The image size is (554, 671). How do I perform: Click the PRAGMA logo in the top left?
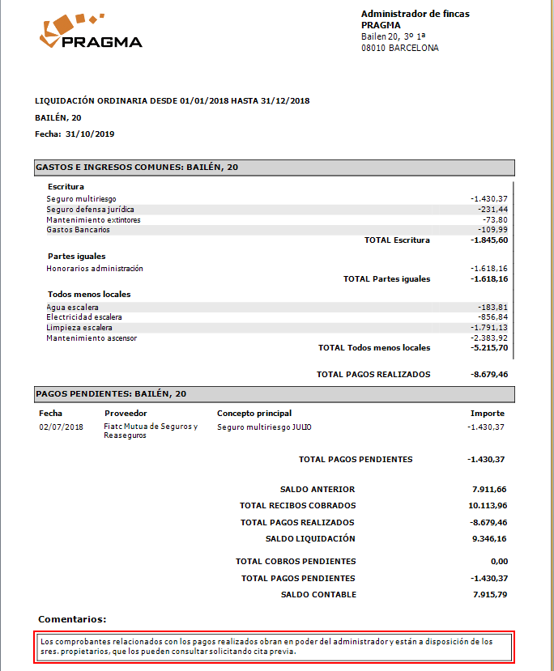click(x=90, y=32)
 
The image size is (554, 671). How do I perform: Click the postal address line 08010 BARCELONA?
click(x=400, y=48)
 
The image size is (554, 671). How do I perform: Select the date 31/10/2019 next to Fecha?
click(x=90, y=134)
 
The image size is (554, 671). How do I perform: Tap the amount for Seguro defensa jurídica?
click(x=492, y=209)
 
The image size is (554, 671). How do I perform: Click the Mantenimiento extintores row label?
click(x=93, y=219)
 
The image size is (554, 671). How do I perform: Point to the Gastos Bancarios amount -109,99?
click(x=492, y=230)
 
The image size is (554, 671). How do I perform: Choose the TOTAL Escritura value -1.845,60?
click(x=489, y=240)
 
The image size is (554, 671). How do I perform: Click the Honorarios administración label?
click(x=94, y=268)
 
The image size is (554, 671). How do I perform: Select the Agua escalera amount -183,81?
click(x=492, y=308)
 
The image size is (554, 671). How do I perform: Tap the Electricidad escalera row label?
click(x=84, y=317)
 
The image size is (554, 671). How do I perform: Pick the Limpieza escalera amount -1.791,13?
click(x=489, y=328)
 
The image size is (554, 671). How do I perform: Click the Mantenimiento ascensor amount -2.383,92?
click(x=489, y=338)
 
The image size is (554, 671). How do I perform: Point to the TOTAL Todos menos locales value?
click(x=489, y=348)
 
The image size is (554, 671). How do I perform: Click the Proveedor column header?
click(x=126, y=413)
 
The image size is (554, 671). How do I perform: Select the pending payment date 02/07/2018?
click(x=61, y=427)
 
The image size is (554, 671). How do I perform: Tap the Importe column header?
click(x=488, y=413)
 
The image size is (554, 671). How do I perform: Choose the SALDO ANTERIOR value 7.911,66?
click(x=489, y=490)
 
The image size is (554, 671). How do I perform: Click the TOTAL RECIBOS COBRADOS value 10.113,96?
click(x=488, y=506)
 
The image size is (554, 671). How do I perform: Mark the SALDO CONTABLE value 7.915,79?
click(x=489, y=595)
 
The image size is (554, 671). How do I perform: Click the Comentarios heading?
click(x=72, y=619)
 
